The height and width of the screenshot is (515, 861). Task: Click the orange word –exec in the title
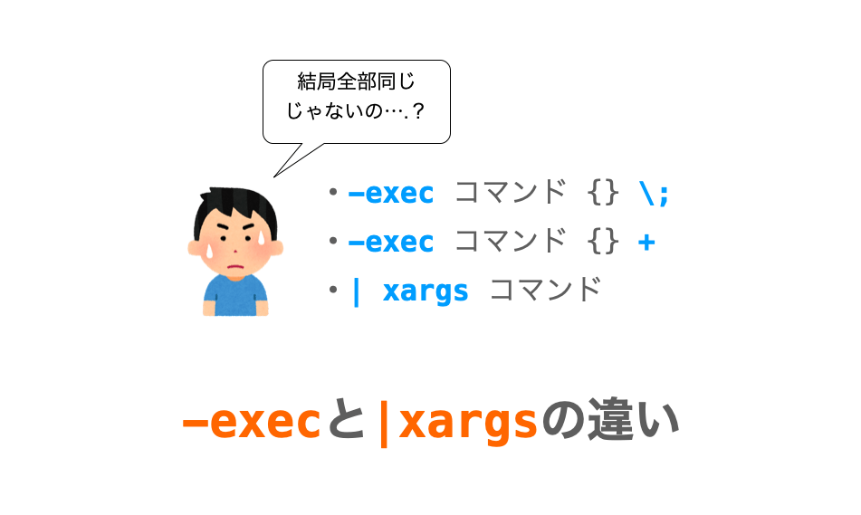(x=251, y=422)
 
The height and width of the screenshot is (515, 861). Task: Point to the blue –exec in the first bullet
(x=391, y=194)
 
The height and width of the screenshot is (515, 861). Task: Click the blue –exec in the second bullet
(x=391, y=243)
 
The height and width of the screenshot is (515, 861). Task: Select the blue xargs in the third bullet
(x=426, y=291)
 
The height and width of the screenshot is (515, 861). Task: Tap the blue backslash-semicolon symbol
(x=654, y=194)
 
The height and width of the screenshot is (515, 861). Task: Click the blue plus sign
(x=646, y=243)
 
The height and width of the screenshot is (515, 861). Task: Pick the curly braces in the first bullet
(x=603, y=194)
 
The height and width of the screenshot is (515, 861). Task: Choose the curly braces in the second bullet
(x=603, y=243)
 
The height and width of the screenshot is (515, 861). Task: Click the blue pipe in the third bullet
(x=357, y=291)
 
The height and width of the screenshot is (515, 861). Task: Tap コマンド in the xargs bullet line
(x=545, y=290)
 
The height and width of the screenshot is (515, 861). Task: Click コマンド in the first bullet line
(x=511, y=193)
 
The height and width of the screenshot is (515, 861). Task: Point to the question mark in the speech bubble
(x=418, y=111)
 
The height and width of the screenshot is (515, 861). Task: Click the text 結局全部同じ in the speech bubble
(x=356, y=81)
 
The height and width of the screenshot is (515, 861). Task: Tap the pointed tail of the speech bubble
(x=274, y=176)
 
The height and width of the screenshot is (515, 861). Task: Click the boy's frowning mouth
(x=235, y=267)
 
